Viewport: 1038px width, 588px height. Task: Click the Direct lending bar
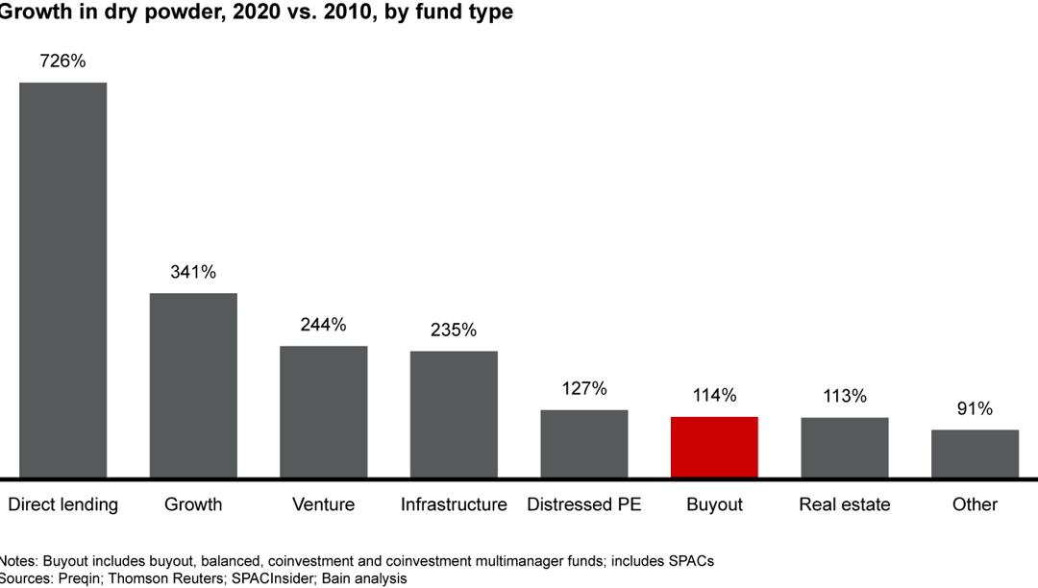[x=62, y=280]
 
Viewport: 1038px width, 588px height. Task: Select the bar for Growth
[x=193, y=385]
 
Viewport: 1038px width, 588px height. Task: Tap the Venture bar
[x=323, y=411]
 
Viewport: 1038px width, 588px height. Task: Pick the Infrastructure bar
[x=454, y=414]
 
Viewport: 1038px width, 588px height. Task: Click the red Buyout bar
[x=714, y=447]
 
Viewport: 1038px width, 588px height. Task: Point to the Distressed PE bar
[x=583, y=443]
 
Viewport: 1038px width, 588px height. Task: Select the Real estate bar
[x=845, y=447]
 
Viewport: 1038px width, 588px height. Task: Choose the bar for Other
[x=975, y=453]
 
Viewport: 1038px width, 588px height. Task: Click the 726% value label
[x=62, y=61]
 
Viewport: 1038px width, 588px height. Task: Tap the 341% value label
[x=193, y=272]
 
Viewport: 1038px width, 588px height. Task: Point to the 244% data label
[x=323, y=325]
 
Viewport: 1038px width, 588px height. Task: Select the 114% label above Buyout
[x=714, y=395]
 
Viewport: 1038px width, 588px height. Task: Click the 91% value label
[x=975, y=408]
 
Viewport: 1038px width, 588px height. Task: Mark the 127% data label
[x=583, y=388]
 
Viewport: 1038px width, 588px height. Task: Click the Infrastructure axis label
[x=454, y=504]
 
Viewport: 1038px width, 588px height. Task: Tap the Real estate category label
[x=845, y=504]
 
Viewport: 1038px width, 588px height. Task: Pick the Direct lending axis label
[x=62, y=504]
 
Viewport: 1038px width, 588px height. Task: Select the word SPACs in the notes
[x=690, y=561]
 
